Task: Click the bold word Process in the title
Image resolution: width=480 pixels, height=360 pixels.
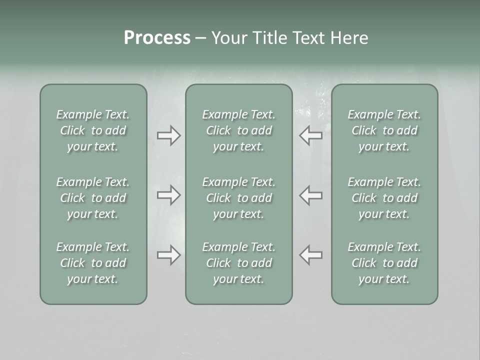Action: [x=157, y=38]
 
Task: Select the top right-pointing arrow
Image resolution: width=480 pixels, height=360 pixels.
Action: [x=168, y=135]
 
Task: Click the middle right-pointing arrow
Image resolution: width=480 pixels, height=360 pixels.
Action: [x=168, y=194]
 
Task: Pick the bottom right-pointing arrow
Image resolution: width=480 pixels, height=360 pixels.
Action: [x=168, y=255]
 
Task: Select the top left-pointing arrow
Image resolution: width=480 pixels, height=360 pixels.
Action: [x=311, y=135]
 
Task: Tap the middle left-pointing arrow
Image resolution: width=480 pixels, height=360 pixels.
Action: [x=311, y=194]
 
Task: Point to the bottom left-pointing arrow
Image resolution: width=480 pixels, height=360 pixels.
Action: [x=311, y=255]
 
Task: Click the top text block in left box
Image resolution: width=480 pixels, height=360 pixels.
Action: [x=93, y=130]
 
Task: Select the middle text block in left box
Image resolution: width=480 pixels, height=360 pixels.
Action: [x=93, y=198]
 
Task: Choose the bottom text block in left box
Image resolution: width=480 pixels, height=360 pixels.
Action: [x=93, y=263]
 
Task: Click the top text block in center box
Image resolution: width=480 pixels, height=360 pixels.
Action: [x=239, y=130]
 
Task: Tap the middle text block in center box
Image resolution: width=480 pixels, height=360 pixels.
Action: [x=239, y=198]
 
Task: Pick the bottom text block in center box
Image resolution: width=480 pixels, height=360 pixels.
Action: [x=239, y=263]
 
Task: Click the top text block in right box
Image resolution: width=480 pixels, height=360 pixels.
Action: [x=384, y=130]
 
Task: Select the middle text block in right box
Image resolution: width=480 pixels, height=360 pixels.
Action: [x=384, y=198]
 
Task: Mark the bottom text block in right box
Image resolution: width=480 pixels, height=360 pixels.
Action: [x=384, y=263]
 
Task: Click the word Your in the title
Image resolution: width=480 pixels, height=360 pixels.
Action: [x=228, y=38]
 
